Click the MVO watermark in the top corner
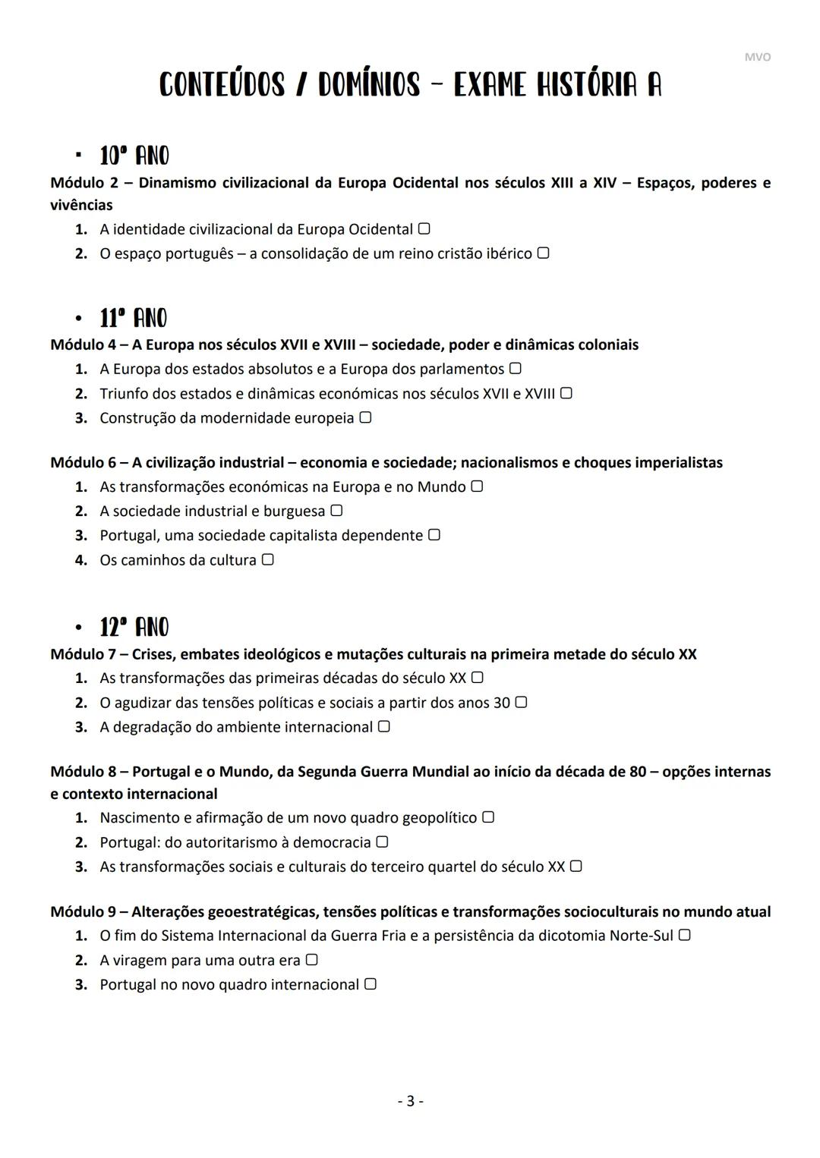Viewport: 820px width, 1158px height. [757, 58]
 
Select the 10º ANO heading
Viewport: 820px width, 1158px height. [134, 156]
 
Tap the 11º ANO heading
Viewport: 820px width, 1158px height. [134, 318]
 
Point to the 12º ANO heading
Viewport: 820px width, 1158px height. [134, 628]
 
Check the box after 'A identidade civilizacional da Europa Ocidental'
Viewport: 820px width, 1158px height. [424, 228]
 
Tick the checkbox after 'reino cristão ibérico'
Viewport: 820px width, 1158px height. [543, 253]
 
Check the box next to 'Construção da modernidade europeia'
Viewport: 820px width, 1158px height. [365, 417]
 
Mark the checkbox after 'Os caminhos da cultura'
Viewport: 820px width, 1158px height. [267, 559]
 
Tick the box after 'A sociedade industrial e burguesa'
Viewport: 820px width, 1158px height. [336, 511]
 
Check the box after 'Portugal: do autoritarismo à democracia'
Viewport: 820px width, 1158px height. [383, 842]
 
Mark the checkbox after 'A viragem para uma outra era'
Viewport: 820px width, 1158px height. [311, 960]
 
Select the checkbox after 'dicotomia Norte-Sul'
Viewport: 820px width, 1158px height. [684, 935]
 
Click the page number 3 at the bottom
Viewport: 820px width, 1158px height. [410, 1101]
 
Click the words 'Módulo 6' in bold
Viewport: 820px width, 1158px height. [84, 462]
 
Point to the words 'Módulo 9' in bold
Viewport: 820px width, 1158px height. [84, 911]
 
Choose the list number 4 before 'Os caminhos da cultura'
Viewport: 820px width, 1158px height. [81, 560]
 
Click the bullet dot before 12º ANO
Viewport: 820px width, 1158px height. [78, 628]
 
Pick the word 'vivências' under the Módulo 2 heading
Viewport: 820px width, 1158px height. [81, 205]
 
